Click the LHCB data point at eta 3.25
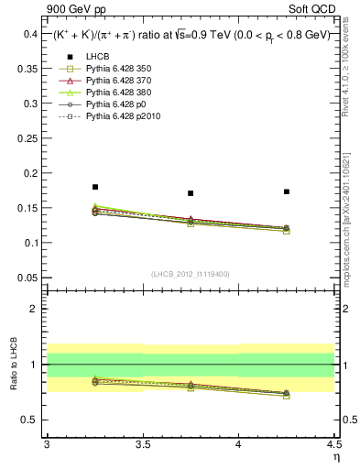(x=94, y=187)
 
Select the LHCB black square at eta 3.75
(x=191, y=193)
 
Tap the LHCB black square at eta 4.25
(x=287, y=191)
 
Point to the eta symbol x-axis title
(x=335, y=456)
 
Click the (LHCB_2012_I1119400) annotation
(x=191, y=274)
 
